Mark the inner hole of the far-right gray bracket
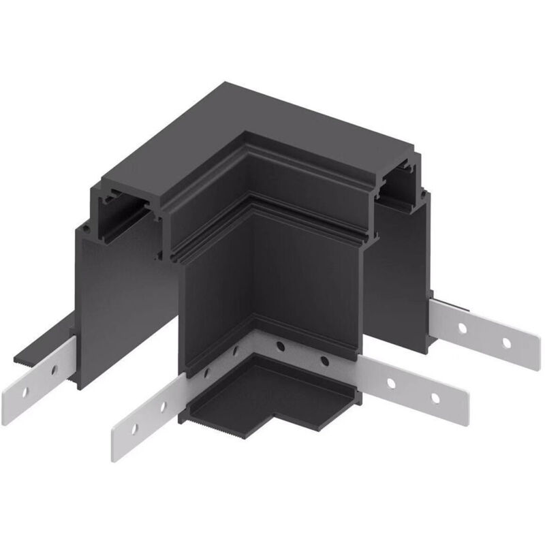pos(463,328)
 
